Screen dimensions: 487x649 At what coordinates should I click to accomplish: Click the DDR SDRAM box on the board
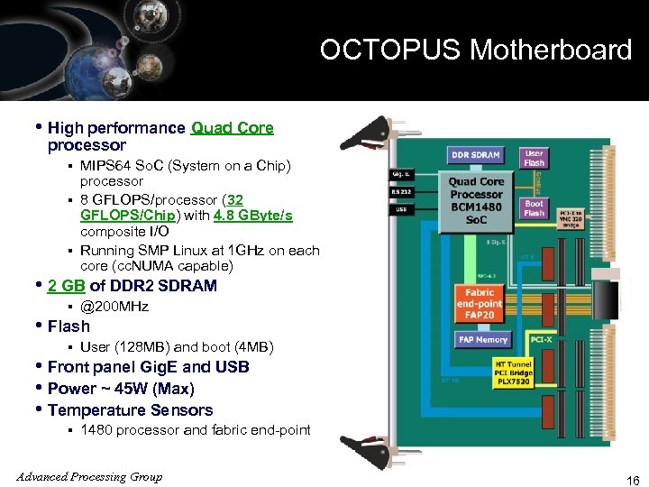(475, 155)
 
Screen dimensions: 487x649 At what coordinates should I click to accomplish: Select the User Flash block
(535, 158)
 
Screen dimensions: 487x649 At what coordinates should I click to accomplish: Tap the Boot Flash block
(535, 208)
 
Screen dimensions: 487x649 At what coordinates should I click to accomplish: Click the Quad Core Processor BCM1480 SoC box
(476, 201)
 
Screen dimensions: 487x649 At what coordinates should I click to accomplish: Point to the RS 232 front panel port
(401, 190)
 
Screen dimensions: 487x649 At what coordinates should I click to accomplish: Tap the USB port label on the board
(400, 210)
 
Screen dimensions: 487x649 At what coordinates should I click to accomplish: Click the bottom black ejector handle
(372, 451)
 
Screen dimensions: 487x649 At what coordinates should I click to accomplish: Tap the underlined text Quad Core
(233, 128)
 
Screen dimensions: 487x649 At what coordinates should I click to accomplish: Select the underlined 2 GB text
(67, 286)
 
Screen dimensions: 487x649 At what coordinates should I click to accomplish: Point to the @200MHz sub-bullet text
(114, 307)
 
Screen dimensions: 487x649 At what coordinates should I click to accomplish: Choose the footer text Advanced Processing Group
(88, 476)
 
